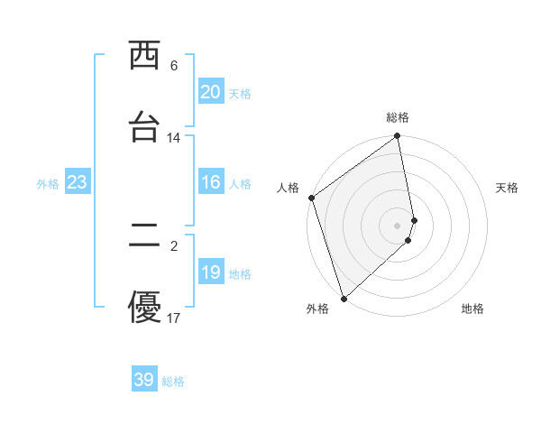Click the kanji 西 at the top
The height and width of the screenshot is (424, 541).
[145, 56]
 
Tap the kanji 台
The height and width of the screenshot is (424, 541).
[145, 126]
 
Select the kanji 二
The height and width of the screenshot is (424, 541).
[145, 236]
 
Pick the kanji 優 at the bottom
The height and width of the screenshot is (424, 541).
[145, 307]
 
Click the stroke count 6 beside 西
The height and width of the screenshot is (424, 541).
[174, 66]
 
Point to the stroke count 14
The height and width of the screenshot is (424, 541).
[174, 138]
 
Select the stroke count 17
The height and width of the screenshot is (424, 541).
[174, 318]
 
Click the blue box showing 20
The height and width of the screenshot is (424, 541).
[211, 92]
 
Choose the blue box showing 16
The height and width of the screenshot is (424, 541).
[211, 182]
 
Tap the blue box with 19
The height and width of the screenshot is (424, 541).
[211, 272]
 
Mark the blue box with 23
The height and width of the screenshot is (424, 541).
[77, 182]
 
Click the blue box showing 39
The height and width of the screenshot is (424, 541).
[144, 380]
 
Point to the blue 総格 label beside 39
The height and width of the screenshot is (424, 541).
[174, 382]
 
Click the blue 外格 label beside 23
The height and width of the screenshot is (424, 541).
[48, 184]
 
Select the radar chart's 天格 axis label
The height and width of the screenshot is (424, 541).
[508, 188]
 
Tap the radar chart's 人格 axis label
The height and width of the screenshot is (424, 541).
[288, 188]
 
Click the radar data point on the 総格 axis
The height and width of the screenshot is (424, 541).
[397, 137]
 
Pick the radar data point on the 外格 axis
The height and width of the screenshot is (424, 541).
[343, 298]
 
